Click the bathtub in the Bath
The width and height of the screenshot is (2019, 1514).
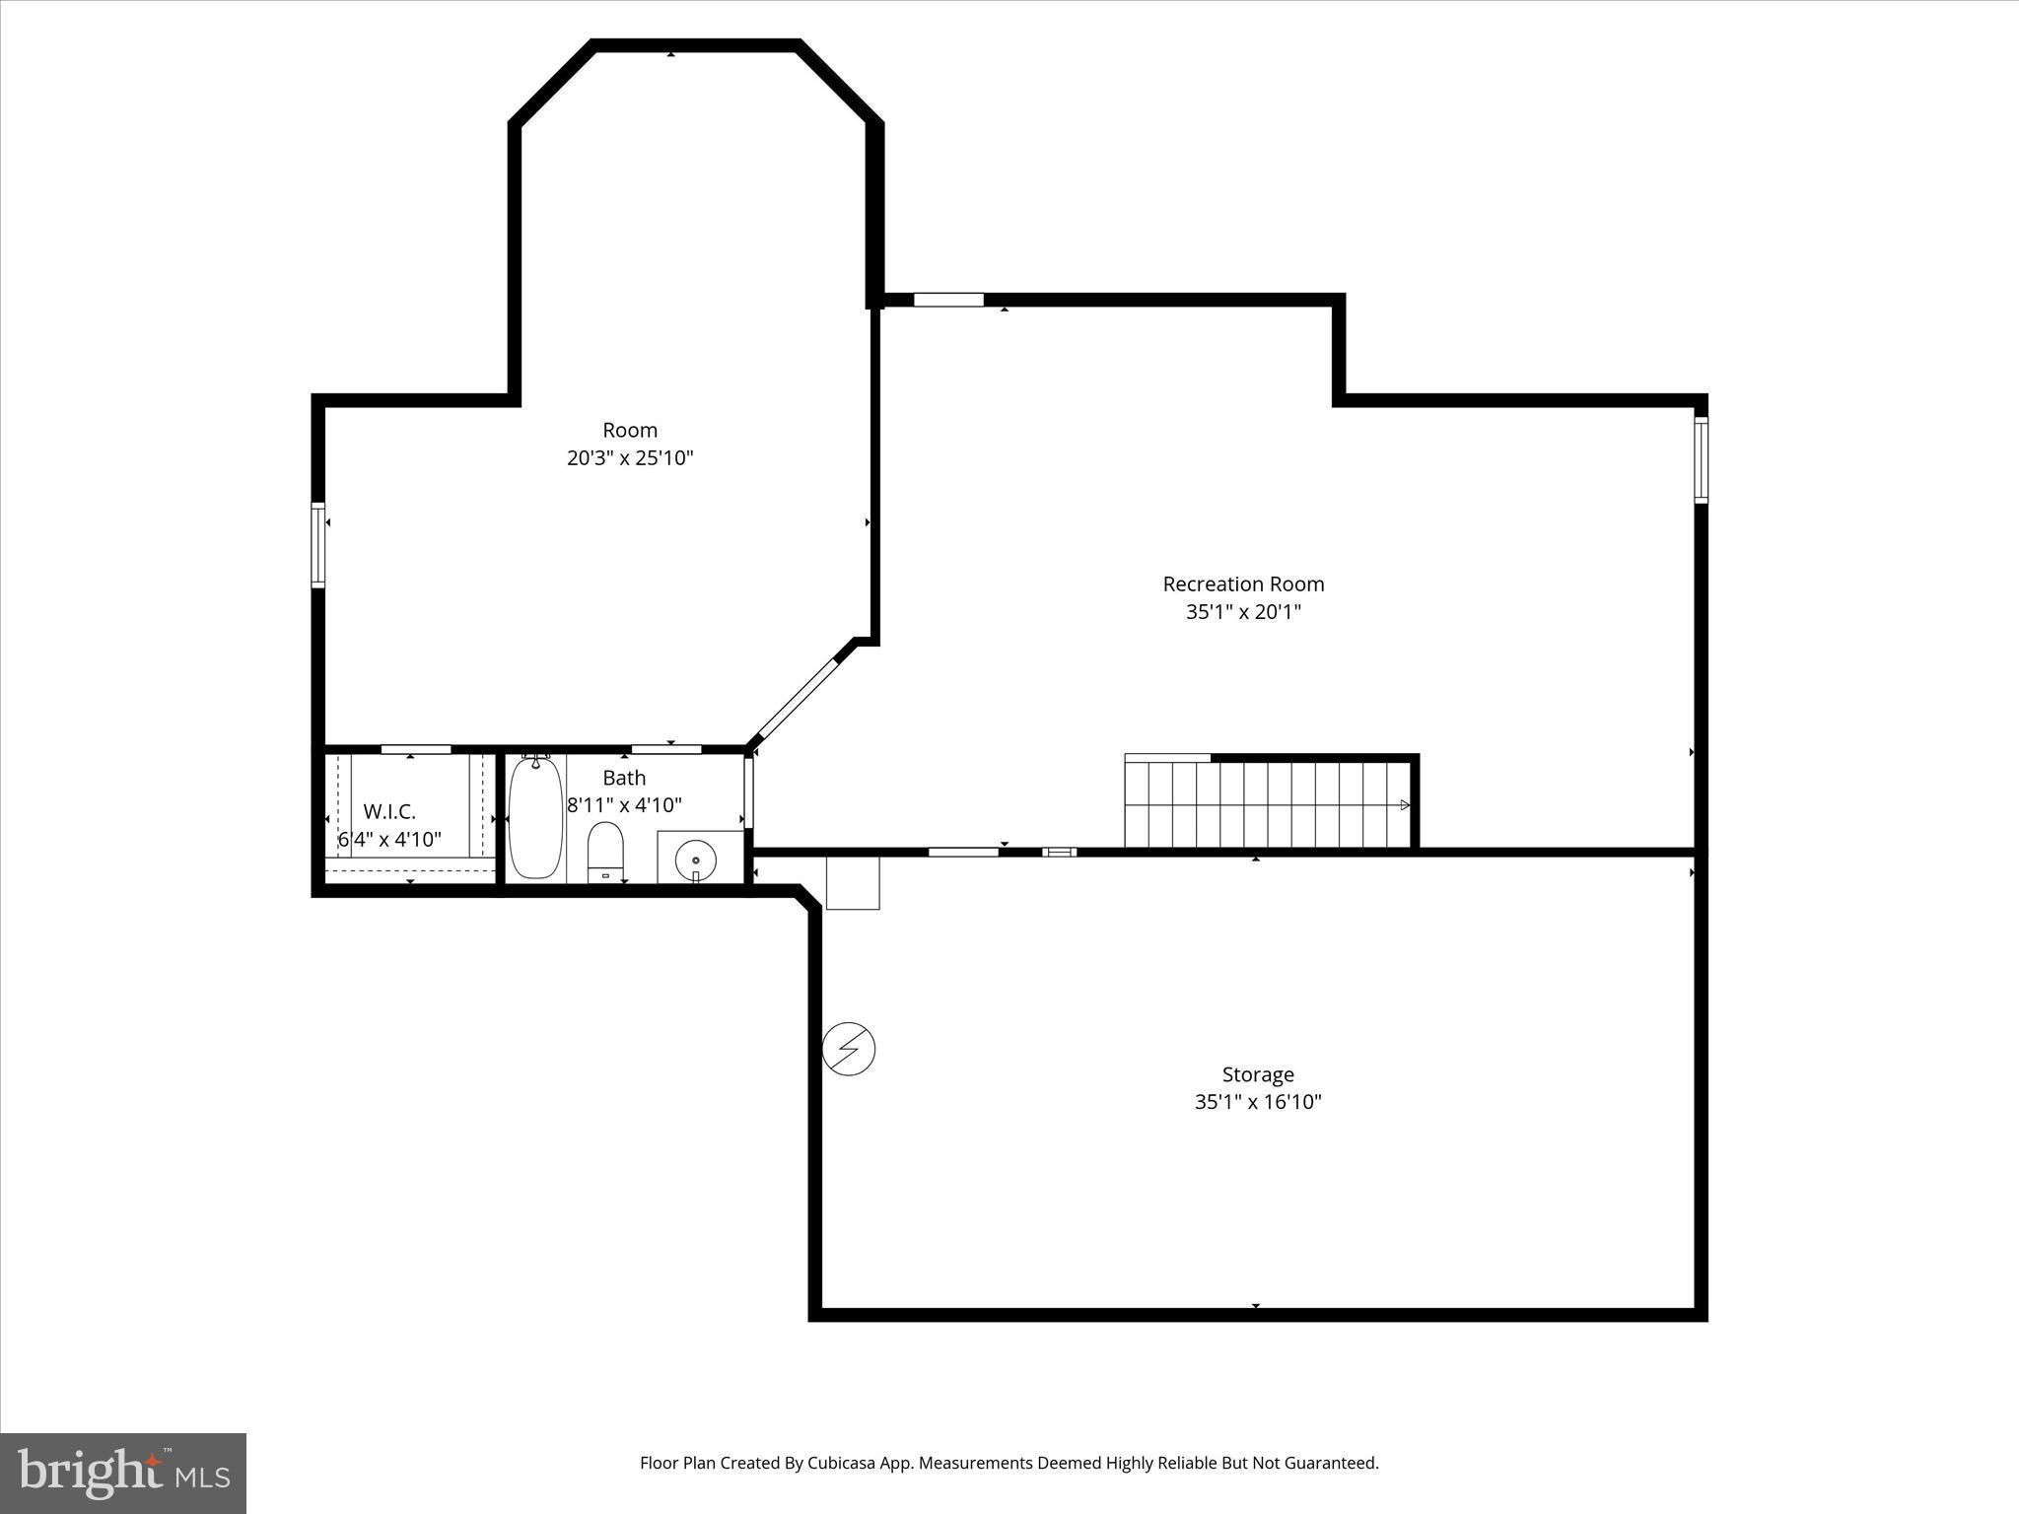535,818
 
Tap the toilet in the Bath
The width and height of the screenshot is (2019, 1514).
605,852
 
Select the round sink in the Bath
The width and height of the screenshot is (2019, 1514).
696,860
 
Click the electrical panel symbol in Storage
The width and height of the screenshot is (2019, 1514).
849,1049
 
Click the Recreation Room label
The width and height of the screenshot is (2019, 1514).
1243,584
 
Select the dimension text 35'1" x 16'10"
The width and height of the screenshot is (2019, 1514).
1258,1102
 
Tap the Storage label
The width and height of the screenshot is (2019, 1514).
1258,1074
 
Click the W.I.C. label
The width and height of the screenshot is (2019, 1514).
389,811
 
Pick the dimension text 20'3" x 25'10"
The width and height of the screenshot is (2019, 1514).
630,458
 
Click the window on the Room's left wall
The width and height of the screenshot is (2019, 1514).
318,544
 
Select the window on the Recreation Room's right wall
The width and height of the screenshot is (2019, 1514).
1701,460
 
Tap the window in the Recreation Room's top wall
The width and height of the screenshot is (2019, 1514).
948,300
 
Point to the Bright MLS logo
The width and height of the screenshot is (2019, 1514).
123,1473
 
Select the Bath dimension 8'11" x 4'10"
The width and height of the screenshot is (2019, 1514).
624,805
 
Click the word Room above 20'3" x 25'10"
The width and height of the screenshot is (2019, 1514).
630,430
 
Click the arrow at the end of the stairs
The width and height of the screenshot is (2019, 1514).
1404,805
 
